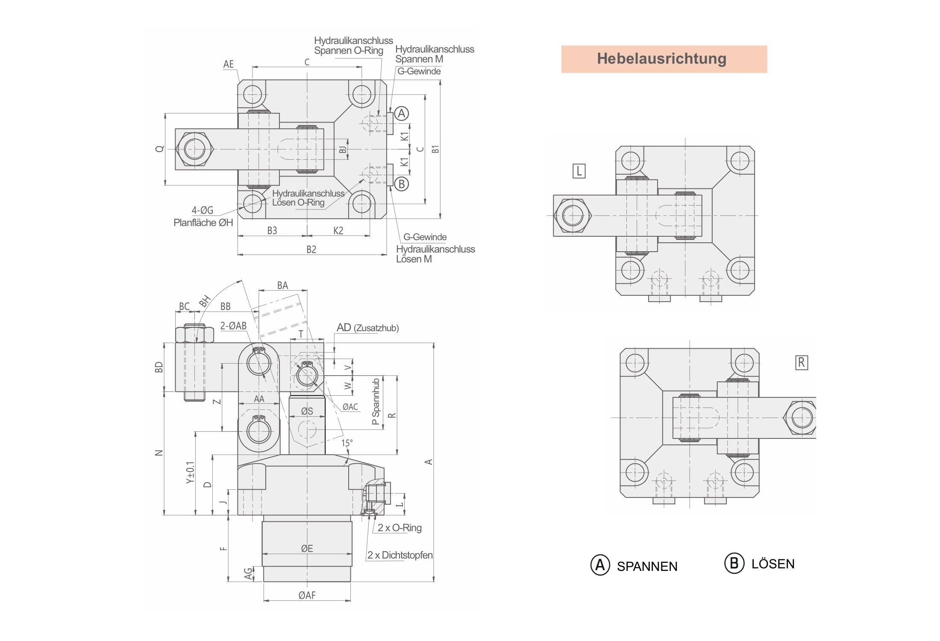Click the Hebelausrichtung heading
coord(661,59)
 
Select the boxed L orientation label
coord(579,171)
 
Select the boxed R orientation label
coord(801,363)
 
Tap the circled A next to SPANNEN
coord(600,565)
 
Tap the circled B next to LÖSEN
coord(734,563)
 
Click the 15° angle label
coord(347,443)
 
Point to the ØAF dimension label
coord(307,595)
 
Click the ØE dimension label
coord(307,549)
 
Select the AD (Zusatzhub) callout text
coord(367,328)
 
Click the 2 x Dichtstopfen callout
coord(400,555)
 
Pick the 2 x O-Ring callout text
coord(399,528)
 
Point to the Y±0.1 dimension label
coord(190,473)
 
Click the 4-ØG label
coord(202,210)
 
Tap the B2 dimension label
coord(311,250)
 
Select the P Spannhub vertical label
coord(376,402)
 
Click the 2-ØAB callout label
coord(233,326)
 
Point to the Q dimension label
coord(160,149)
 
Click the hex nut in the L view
coord(573,216)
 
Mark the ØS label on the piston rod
coord(307,411)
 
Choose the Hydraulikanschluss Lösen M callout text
coord(435,254)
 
